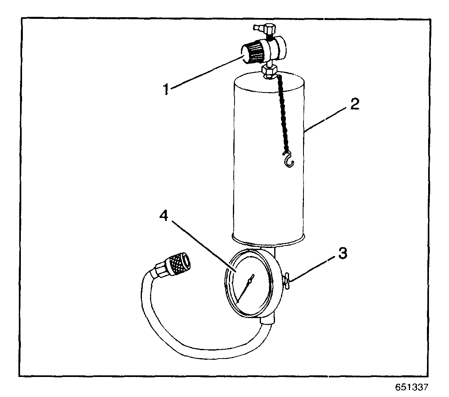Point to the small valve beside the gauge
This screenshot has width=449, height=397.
(287, 278)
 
